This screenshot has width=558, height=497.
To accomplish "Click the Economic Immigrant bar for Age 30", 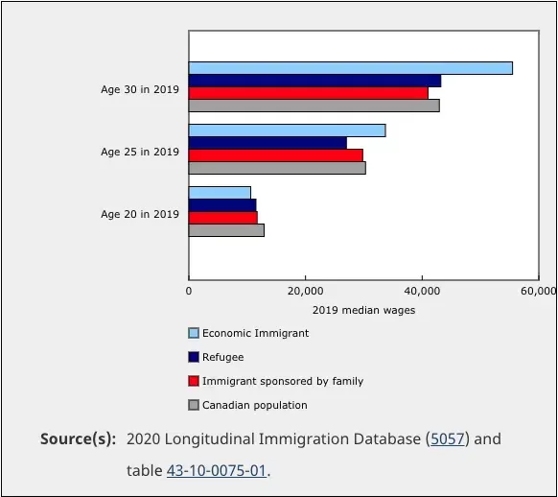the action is point(351,68).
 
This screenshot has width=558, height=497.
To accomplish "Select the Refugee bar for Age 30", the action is point(314,81).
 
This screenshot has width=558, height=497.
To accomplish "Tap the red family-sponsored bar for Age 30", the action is point(308,93).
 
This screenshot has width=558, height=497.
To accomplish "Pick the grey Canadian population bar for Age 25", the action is point(277,168).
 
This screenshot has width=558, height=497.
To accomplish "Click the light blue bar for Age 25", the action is point(288,130).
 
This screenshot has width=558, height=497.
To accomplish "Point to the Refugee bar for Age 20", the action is point(222,205).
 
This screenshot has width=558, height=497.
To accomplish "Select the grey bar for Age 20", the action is point(226,230).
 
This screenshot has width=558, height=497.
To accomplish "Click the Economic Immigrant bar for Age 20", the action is point(220,193).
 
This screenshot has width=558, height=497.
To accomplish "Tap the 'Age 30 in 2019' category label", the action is point(140,89).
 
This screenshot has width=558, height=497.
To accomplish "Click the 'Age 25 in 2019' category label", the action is point(140,152).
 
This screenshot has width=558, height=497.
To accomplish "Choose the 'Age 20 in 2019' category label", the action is point(140,214).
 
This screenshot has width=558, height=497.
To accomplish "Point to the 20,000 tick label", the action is point(305,292).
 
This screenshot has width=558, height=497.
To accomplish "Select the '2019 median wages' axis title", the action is point(363,310).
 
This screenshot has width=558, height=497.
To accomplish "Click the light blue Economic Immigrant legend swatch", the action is point(194,333).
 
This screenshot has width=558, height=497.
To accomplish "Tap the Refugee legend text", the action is point(223,357).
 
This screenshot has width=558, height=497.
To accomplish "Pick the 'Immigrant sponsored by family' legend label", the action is point(283,381).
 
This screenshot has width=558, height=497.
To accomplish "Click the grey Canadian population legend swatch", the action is point(194,405).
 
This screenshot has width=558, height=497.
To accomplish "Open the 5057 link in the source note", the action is point(448,439).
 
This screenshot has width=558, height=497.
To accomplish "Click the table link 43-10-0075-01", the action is point(217,471).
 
